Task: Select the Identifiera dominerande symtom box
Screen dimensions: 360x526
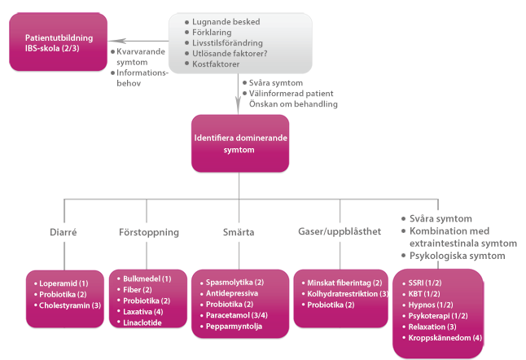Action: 239,143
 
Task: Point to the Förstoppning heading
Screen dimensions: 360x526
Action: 148,232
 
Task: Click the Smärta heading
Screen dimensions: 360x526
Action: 238,232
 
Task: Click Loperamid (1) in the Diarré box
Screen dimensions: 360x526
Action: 64,283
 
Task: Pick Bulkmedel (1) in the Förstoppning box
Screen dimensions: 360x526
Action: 147,278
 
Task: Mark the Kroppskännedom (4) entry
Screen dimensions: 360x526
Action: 445,337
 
